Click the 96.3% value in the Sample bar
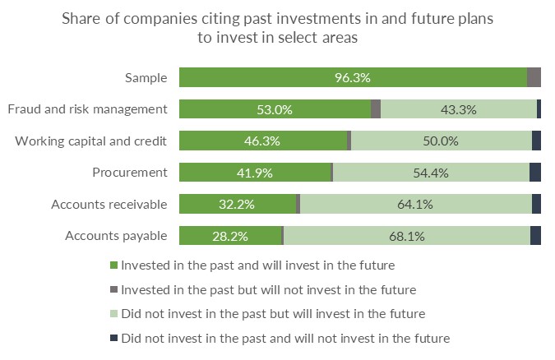pos(352,78)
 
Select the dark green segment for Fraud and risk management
pos(275,109)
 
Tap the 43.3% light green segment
pos(458,109)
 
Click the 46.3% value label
pos(262,141)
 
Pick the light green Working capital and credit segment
pos(442,141)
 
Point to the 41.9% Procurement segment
pos(255,173)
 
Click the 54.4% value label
pos(432,173)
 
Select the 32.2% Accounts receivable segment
pos(237,205)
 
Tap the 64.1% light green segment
pos(415,205)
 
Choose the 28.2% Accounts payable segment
pos(230,236)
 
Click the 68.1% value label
pos(406,236)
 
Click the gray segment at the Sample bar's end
pos(534,78)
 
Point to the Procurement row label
pos(130,173)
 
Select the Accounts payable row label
pos(116,236)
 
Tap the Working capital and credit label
pos(91,141)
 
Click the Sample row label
pos(146,78)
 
